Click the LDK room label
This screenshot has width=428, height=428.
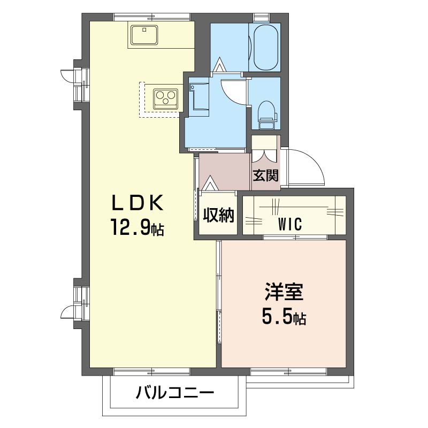pos(137,203)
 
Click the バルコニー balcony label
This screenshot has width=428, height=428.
pos(175,393)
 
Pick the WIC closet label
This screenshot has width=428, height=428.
pos(290,224)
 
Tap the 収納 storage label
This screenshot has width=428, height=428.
pos(218,216)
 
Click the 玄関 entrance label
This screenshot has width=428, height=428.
pos(265,175)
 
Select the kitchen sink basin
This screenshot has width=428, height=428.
pos(144,35)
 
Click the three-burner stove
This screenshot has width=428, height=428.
pos(165,98)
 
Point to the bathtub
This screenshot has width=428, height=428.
pos(266,48)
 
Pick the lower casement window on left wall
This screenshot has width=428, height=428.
pos(74,303)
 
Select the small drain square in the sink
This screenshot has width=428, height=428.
pos(144,30)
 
